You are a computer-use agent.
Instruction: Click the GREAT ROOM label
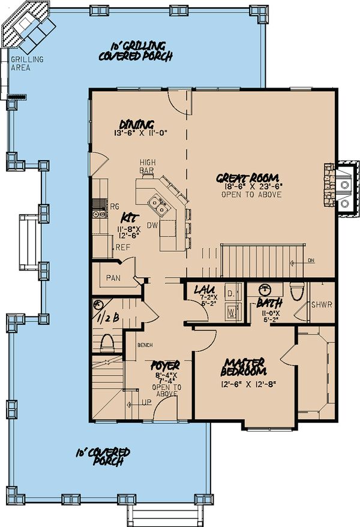click(247, 177)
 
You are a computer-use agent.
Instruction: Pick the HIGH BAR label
click(148, 167)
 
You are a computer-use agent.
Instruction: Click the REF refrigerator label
click(122, 246)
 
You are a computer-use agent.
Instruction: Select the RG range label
click(114, 206)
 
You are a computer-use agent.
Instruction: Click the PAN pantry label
click(113, 278)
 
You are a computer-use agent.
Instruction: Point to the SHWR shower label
click(319, 305)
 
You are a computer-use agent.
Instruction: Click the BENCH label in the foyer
click(145, 346)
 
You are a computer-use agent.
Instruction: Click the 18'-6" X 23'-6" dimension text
click(247, 187)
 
